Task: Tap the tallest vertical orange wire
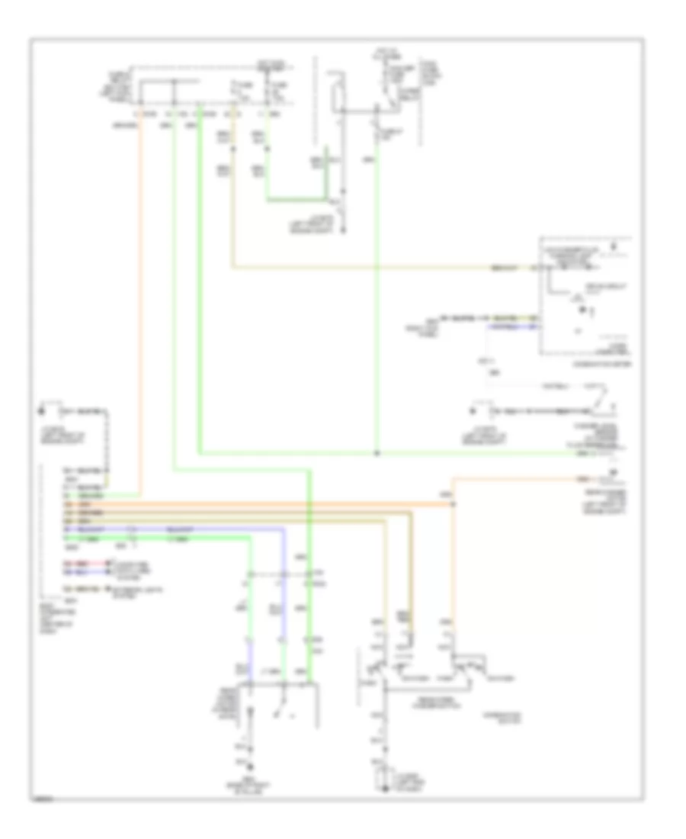(140, 305)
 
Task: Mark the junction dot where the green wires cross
(377, 452)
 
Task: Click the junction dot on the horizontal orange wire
(454, 504)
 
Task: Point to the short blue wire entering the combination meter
(515, 326)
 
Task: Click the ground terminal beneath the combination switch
(382, 784)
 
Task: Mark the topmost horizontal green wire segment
(297, 201)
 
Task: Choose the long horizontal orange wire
(252, 504)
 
